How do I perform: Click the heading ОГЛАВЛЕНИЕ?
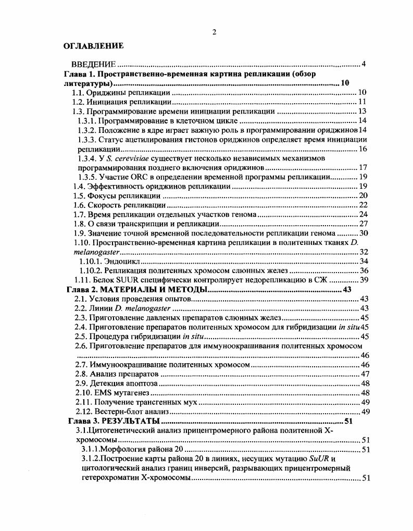pos(94,46)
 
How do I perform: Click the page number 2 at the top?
pos(214,32)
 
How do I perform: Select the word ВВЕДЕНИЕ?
pos(93,65)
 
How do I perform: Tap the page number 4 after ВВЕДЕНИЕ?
pos(364,65)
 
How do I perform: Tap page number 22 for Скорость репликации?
pos(364,205)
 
